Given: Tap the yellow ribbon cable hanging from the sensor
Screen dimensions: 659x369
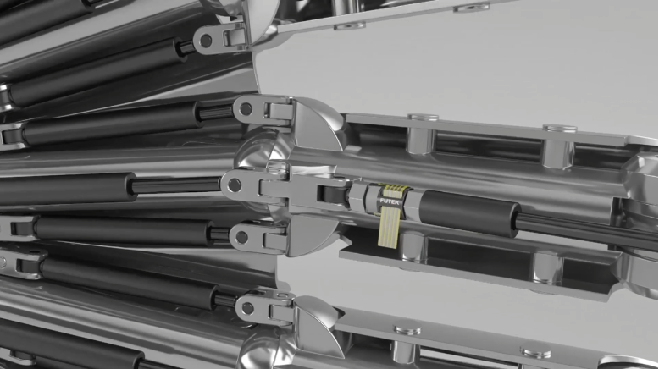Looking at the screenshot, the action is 389,227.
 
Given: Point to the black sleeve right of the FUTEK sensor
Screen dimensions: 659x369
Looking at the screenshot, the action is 470,212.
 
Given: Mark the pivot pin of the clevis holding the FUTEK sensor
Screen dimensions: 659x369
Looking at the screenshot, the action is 234,184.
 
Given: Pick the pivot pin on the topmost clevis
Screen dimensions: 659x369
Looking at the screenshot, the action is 206,41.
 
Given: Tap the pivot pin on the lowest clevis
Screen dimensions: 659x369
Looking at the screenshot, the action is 247,309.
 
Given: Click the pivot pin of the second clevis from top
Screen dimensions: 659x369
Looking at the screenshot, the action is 246,109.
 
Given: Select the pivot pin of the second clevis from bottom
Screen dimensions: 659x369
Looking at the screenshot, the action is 241,238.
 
